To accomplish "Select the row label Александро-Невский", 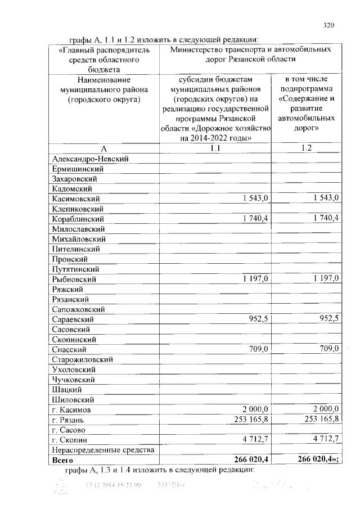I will point(90,159).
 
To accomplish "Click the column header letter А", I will point(103,148).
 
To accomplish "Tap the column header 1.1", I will point(215,148).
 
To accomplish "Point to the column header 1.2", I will point(307,148).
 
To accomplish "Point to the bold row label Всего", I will point(62,460).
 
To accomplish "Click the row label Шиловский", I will point(73,399).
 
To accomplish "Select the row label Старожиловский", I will point(82,359).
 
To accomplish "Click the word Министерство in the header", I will point(199,49).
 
